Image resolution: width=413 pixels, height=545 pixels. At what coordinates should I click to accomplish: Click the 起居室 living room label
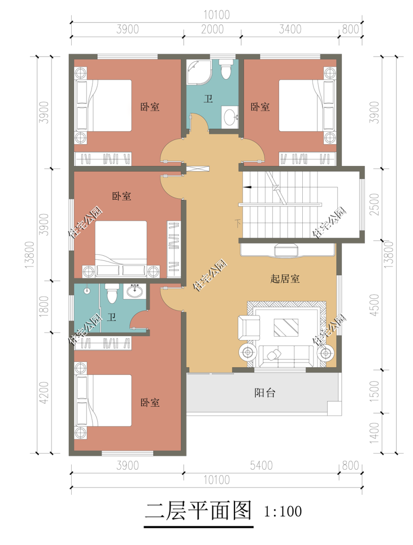[285, 279]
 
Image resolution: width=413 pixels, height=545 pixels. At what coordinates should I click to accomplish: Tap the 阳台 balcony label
[264, 393]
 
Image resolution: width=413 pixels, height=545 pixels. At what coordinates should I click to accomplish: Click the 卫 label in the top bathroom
[208, 99]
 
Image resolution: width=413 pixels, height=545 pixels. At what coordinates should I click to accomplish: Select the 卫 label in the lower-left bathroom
[112, 317]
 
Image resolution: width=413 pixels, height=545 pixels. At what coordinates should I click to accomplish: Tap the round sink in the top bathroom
[230, 116]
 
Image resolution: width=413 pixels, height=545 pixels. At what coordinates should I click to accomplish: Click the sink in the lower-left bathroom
[134, 291]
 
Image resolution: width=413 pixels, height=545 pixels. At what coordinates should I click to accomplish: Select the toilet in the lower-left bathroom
[111, 293]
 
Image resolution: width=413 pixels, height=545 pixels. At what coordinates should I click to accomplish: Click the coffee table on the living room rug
[286, 327]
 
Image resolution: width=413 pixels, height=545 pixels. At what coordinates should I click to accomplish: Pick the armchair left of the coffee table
[249, 328]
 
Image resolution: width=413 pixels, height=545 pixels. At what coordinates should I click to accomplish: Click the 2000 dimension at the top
[212, 29]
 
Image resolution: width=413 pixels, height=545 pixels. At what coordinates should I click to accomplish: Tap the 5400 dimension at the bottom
[261, 465]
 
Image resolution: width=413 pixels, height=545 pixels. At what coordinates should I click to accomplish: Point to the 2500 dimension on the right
[374, 203]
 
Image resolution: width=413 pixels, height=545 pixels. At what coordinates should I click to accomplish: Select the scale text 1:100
[283, 512]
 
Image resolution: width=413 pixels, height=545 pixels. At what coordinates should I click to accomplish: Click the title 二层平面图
[198, 511]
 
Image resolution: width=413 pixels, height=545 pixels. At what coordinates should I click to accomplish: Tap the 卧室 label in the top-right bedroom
[260, 107]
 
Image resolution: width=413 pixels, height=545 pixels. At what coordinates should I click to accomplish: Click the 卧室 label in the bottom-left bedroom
[150, 403]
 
